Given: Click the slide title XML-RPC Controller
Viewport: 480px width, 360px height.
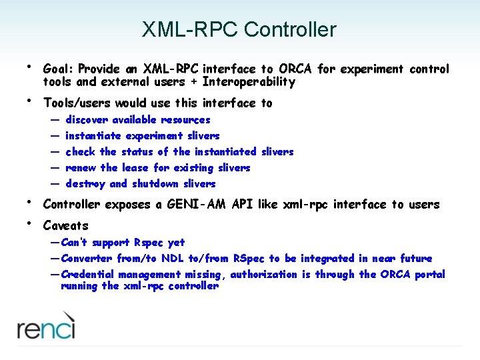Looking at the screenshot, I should [239, 30].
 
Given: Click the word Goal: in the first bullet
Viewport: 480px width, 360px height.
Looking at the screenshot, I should [59, 69].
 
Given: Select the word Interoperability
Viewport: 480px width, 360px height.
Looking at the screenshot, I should [249, 82].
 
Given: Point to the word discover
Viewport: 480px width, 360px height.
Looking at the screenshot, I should [87, 120].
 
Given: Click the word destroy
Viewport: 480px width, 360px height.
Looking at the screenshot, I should [85, 184].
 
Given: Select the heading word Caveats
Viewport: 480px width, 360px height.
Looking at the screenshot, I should [65, 226].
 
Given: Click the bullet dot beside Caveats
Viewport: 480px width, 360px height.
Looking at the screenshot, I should [29, 222].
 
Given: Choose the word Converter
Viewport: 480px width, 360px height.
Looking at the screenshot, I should [87, 259].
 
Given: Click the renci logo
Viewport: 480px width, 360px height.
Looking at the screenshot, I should [46, 329].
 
